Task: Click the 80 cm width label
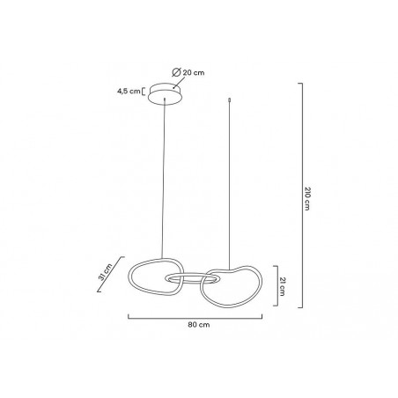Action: [x=199, y=325]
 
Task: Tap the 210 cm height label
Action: [x=307, y=198]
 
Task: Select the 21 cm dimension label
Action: [x=282, y=286]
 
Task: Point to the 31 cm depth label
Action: [x=105, y=272]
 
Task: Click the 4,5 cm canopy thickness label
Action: [x=129, y=91]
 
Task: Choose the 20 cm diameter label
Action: [x=194, y=72]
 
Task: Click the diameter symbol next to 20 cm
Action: [x=176, y=72]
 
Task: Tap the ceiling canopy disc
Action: [x=165, y=93]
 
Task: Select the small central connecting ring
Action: [x=192, y=274]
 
